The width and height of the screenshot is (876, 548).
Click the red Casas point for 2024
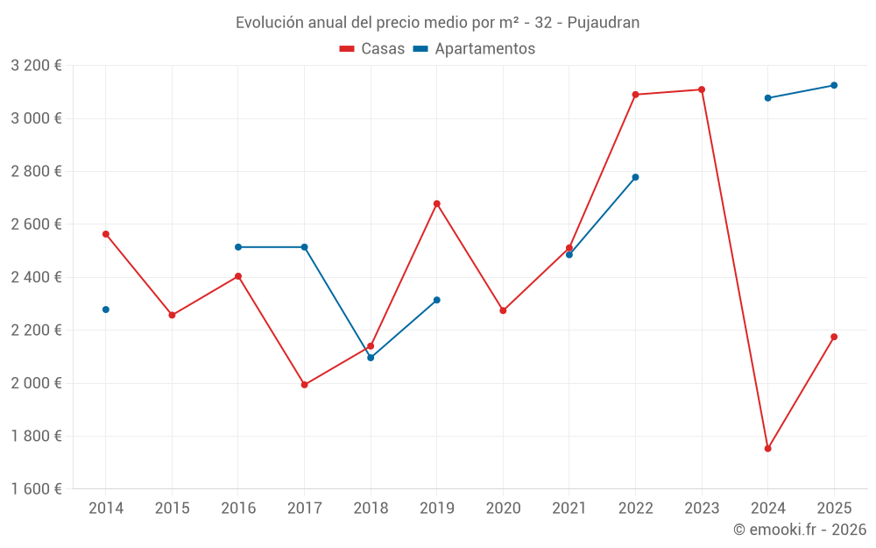pos(767,448)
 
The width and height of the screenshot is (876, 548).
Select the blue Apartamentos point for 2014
pos(106,310)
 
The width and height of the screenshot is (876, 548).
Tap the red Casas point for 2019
pos(437,203)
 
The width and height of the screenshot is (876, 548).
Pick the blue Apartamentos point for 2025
pos(834,85)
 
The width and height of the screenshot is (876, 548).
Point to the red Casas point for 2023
pos(702,89)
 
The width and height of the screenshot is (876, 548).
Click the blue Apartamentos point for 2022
pos(635,177)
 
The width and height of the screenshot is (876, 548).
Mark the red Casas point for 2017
pos(304,385)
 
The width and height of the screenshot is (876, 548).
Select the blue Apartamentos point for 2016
pos(238,247)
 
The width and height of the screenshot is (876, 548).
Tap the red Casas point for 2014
pos(106,234)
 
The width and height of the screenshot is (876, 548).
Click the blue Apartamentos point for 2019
pos(437,300)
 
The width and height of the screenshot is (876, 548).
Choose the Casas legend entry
pos(372,49)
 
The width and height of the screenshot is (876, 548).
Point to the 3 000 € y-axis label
pos(36,118)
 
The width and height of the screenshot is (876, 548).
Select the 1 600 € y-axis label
pos(36,489)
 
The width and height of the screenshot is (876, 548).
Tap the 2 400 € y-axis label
pos(36,277)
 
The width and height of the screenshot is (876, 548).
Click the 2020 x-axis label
pos(503,509)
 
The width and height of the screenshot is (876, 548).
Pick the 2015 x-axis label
pos(172,509)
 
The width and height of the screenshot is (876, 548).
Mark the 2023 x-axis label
pos(702,509)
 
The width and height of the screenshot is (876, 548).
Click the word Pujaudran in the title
pos(604,23)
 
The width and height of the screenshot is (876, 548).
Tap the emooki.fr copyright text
pos(799,530)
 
